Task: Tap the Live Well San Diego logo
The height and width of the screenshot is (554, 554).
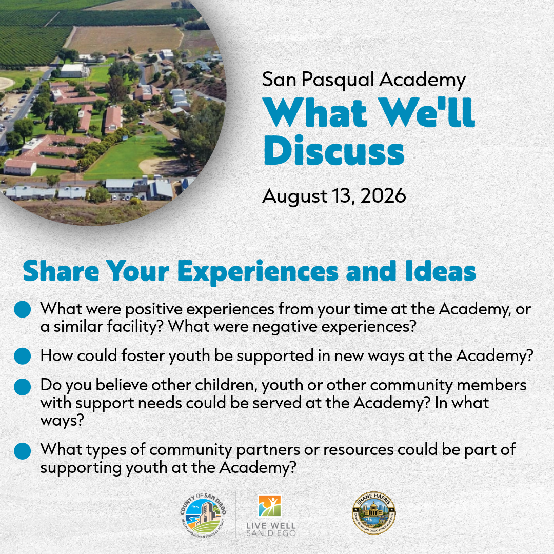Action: pos(271,516)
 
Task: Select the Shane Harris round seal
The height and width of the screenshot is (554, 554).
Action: pos(374,513)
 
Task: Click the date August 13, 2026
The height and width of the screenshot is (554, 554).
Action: pos(334,196)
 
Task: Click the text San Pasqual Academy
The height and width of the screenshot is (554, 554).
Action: pos(364,80)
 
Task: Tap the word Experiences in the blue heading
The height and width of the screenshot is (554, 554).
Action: pos(258,271)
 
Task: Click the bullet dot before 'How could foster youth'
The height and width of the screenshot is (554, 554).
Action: pos(23,355)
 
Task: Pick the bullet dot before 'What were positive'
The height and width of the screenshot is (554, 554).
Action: pos(23,309)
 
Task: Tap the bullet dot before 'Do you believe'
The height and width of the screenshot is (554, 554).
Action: pos(23,387)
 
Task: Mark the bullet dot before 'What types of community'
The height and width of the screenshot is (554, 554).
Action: pos(23,451)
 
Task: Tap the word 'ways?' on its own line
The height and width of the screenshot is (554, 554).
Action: pos(62,421)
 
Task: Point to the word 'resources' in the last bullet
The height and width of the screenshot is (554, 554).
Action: pos(358,450)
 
